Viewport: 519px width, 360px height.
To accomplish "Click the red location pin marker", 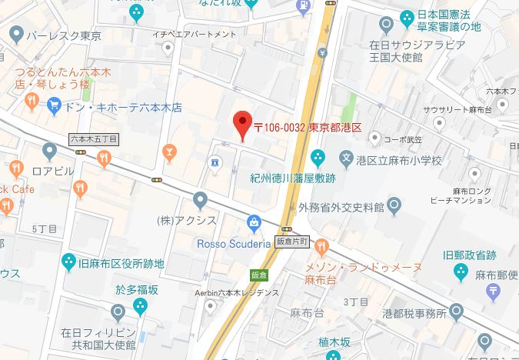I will click(x=242, y=123).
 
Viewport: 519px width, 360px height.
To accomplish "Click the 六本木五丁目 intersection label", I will click(x=94, y=139).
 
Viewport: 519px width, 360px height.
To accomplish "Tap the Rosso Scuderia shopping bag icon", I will click(x=255, y=224).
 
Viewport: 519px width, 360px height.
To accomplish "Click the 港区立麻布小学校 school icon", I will click(x=347, y=161).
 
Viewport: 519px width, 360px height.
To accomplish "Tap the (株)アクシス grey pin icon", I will click(x=201, y=202).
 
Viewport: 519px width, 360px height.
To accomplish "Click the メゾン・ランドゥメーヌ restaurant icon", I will click(x=321, y=248).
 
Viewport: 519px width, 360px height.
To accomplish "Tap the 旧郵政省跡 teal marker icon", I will click(x=461, y=271).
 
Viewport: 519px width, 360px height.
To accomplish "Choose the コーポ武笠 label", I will click(x=401, y=138).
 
